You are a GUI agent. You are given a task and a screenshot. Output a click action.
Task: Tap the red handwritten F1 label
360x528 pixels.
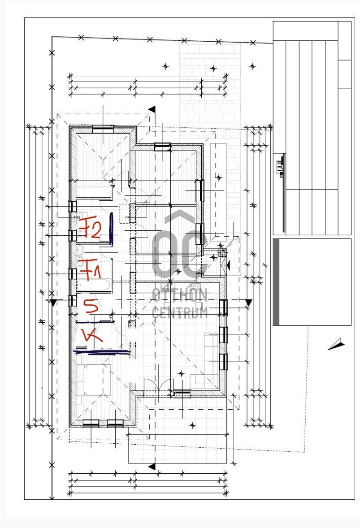click(89, 269)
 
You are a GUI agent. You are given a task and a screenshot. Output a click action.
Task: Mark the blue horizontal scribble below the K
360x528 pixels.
click(103, 352)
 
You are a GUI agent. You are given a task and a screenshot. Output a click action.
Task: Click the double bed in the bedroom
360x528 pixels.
click(94, 380)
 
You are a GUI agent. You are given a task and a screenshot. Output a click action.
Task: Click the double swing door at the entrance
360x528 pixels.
click(158, 385)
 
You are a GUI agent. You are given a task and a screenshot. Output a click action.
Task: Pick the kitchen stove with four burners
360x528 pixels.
click(195, 287)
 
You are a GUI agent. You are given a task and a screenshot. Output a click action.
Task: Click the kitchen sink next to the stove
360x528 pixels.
click(166, 287)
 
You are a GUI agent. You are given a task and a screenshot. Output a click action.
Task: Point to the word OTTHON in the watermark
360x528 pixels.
click(180, 296)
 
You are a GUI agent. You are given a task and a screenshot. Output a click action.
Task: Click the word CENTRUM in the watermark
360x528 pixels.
click(180, 313)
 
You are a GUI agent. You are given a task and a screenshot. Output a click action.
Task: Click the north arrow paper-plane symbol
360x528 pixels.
click(336, 344)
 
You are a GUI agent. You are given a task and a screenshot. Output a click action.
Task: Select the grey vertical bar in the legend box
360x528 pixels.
click(276, 282)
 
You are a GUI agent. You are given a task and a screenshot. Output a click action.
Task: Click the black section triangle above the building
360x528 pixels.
click(152, 109)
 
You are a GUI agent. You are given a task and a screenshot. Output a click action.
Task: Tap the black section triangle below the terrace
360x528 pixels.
click(152, 467)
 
